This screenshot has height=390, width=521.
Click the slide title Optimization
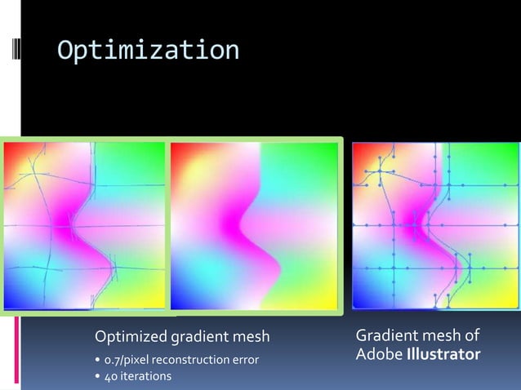[x=148, y=51]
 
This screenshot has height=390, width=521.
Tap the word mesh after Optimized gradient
[x=247, y=337]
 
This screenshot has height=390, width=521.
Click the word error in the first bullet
[x=247, y=360]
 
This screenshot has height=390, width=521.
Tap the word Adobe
[x=379, y=356]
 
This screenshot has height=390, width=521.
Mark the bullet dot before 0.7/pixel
[x=98, y=361]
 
